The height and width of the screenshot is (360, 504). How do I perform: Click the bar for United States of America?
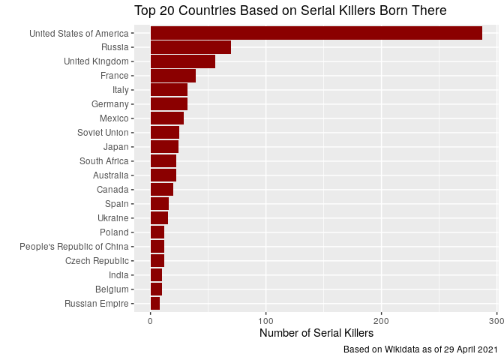coord(316,33)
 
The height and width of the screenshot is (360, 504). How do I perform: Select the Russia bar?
coord(190,47)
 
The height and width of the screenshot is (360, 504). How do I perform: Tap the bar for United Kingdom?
coord(183,61)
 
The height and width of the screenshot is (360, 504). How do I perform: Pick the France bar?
coord(173,76)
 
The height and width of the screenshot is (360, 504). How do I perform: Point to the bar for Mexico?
coord(167,118)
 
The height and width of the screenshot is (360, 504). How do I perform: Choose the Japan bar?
coord(164,147)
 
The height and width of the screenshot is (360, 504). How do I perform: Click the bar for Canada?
coord(162,190)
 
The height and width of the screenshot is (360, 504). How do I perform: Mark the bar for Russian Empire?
coord(155,304)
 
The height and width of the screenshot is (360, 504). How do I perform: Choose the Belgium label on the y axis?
coord(112,289)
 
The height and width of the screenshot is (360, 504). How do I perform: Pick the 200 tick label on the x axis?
coord(382,322)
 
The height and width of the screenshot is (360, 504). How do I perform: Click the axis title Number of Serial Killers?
coord(316,334)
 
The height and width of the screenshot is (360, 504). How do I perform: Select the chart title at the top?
coord(290,10)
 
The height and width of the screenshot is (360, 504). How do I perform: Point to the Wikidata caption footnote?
coord(420,350)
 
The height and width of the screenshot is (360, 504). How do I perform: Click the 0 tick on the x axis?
coord(151,322)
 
